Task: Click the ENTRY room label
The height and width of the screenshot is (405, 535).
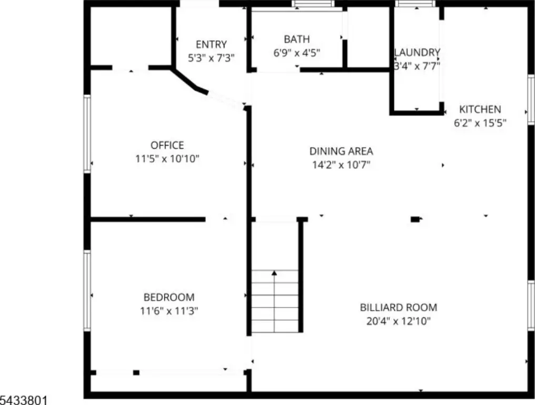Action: (211, 44)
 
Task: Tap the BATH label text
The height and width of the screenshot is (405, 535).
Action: (297, 40)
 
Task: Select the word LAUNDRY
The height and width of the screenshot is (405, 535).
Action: (417, 52)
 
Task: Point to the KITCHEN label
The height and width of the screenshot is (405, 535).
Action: (480, 109)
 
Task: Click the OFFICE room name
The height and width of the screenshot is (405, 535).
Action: (167, 145)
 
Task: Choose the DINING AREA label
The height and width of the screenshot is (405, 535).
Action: (341, 151)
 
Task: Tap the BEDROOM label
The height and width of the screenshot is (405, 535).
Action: (169, 297)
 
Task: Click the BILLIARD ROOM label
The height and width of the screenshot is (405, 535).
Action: (399, 307)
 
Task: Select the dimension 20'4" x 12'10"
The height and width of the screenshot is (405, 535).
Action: (399, 321)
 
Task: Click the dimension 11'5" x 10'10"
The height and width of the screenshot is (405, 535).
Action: (167, 159)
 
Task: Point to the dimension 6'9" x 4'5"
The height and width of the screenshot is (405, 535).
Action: (297, 53)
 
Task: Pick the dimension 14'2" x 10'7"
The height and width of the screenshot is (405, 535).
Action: (341, 165)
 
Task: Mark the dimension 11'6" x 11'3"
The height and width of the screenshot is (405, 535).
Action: (169, 311)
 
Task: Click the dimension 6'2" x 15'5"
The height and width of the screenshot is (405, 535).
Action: (480, 123)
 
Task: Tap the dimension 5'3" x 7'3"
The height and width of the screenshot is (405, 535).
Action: (211, 58)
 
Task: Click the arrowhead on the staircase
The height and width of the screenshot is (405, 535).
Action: (274, 273)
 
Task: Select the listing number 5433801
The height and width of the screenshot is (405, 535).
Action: (23, 400)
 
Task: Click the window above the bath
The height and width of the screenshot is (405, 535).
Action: (313, 4)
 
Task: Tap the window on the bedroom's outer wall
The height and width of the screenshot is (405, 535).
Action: (87, 291)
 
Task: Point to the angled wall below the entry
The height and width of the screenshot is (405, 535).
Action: (190, 81)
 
